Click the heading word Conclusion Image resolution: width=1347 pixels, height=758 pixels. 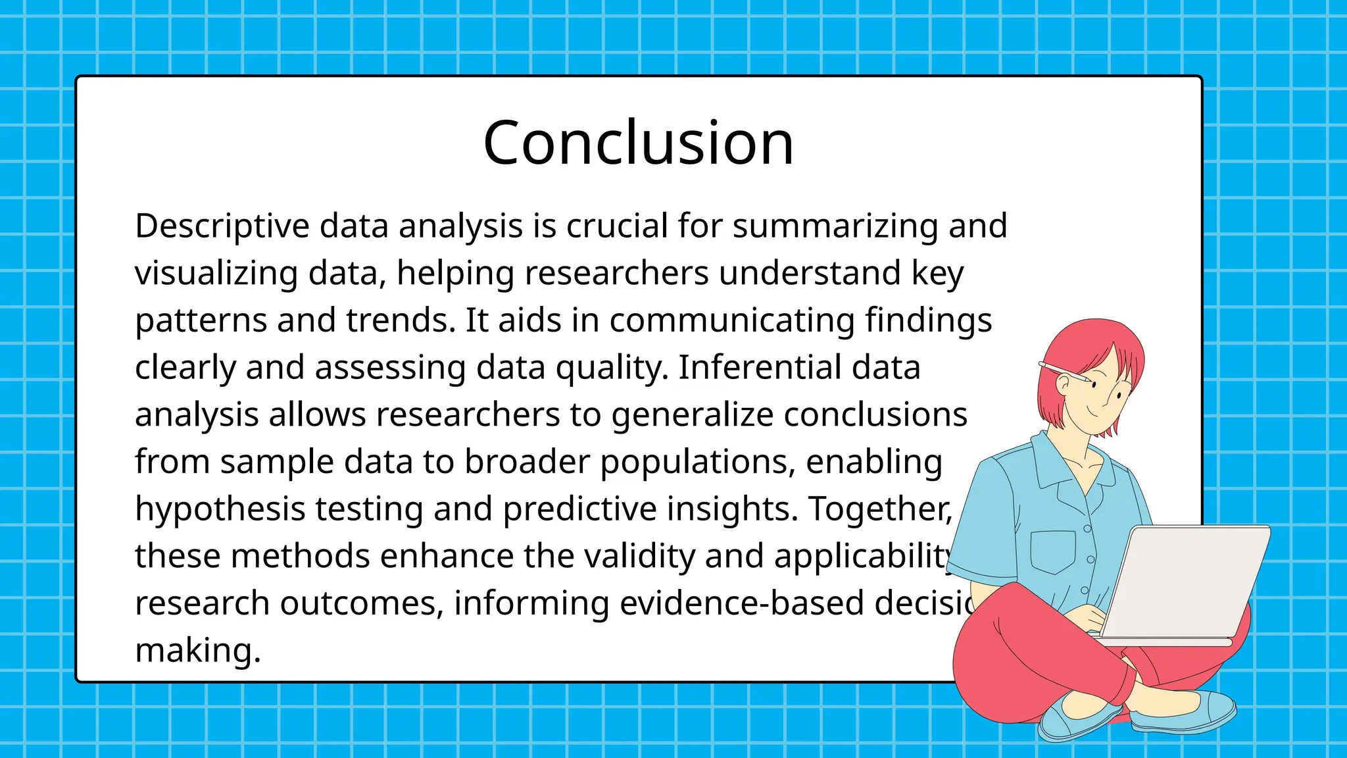point(638,143)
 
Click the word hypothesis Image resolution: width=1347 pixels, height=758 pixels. point(220,510)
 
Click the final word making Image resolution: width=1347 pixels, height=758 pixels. point(197,651)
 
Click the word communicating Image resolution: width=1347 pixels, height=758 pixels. point(731,321)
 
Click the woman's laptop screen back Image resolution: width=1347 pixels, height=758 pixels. point(1184,579)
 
